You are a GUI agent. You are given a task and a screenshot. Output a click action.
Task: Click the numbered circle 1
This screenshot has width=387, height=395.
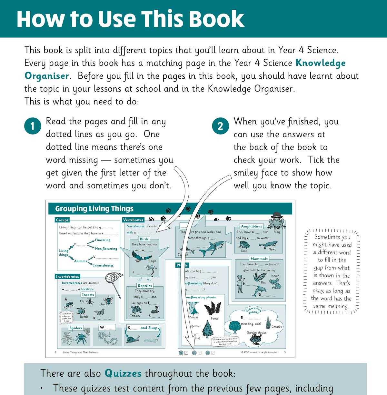pos(33,126)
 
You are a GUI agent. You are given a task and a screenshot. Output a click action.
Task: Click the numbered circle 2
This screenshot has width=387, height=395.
pos(220,126)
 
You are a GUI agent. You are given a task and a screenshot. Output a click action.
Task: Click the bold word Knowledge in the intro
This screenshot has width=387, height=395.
pos(320,63)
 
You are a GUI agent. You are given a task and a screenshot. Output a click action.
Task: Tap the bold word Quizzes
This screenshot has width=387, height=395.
pos(123,373)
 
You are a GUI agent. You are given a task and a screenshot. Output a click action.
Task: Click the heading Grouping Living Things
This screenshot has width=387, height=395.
pos(94,209)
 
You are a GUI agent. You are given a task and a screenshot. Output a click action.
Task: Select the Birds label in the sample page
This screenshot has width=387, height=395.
pos(144,239)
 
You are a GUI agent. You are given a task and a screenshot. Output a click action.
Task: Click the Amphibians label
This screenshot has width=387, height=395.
pos(252,226)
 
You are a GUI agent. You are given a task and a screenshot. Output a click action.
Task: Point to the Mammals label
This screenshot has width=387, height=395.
pos(259,259)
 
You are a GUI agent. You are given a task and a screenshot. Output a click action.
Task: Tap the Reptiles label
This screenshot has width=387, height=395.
pos(145,286)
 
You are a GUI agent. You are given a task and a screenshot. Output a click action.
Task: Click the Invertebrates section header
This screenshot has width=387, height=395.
pos(67,276)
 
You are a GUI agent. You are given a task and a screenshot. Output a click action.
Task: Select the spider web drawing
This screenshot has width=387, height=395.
pos(67,338)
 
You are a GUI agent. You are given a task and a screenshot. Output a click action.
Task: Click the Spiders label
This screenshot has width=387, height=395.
pos(75,328)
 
